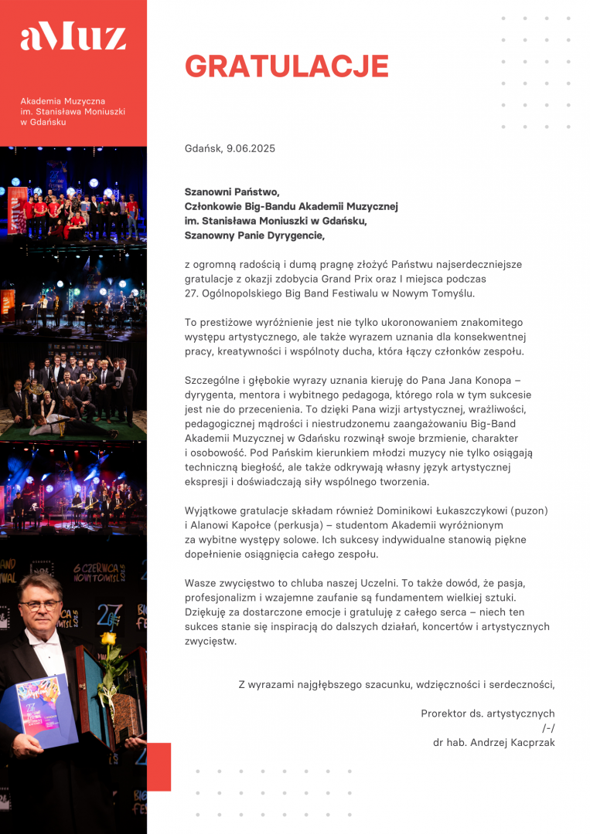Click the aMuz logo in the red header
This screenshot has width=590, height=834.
pos(73,36)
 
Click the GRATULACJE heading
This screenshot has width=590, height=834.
pos(286,66)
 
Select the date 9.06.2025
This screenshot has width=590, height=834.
pos(251,148)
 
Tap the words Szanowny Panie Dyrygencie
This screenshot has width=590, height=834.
pos(254,236)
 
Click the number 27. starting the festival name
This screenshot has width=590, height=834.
pos(193,293)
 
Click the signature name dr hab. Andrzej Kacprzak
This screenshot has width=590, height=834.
pos(493,743)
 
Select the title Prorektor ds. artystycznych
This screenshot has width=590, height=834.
pos(487,714)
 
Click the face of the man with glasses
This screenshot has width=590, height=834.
pos(40,605)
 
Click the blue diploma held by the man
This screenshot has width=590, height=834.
pos(43,710)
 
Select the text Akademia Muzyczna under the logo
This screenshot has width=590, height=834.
pos(63,101)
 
